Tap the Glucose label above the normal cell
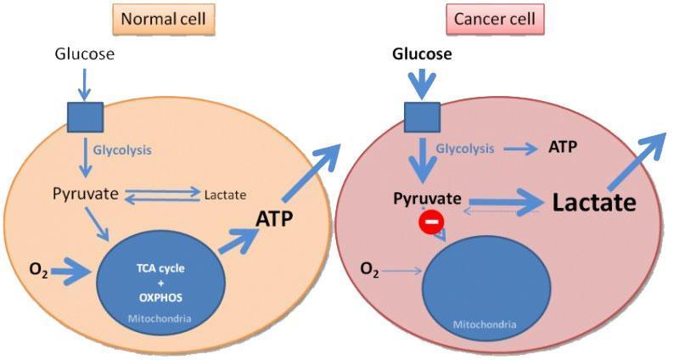click(84, 54)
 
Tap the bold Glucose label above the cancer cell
click(422, 55)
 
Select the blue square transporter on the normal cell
click(85, 117)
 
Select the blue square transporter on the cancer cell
click(422, 117)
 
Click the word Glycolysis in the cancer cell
click(465, 149)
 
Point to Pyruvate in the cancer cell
click(427, 199)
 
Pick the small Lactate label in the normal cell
click(225, 194)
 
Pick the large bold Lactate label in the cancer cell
click(593, 203)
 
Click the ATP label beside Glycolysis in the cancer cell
click(563, 147)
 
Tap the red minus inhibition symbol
click(430, 224)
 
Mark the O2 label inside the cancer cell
click(369, 270)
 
